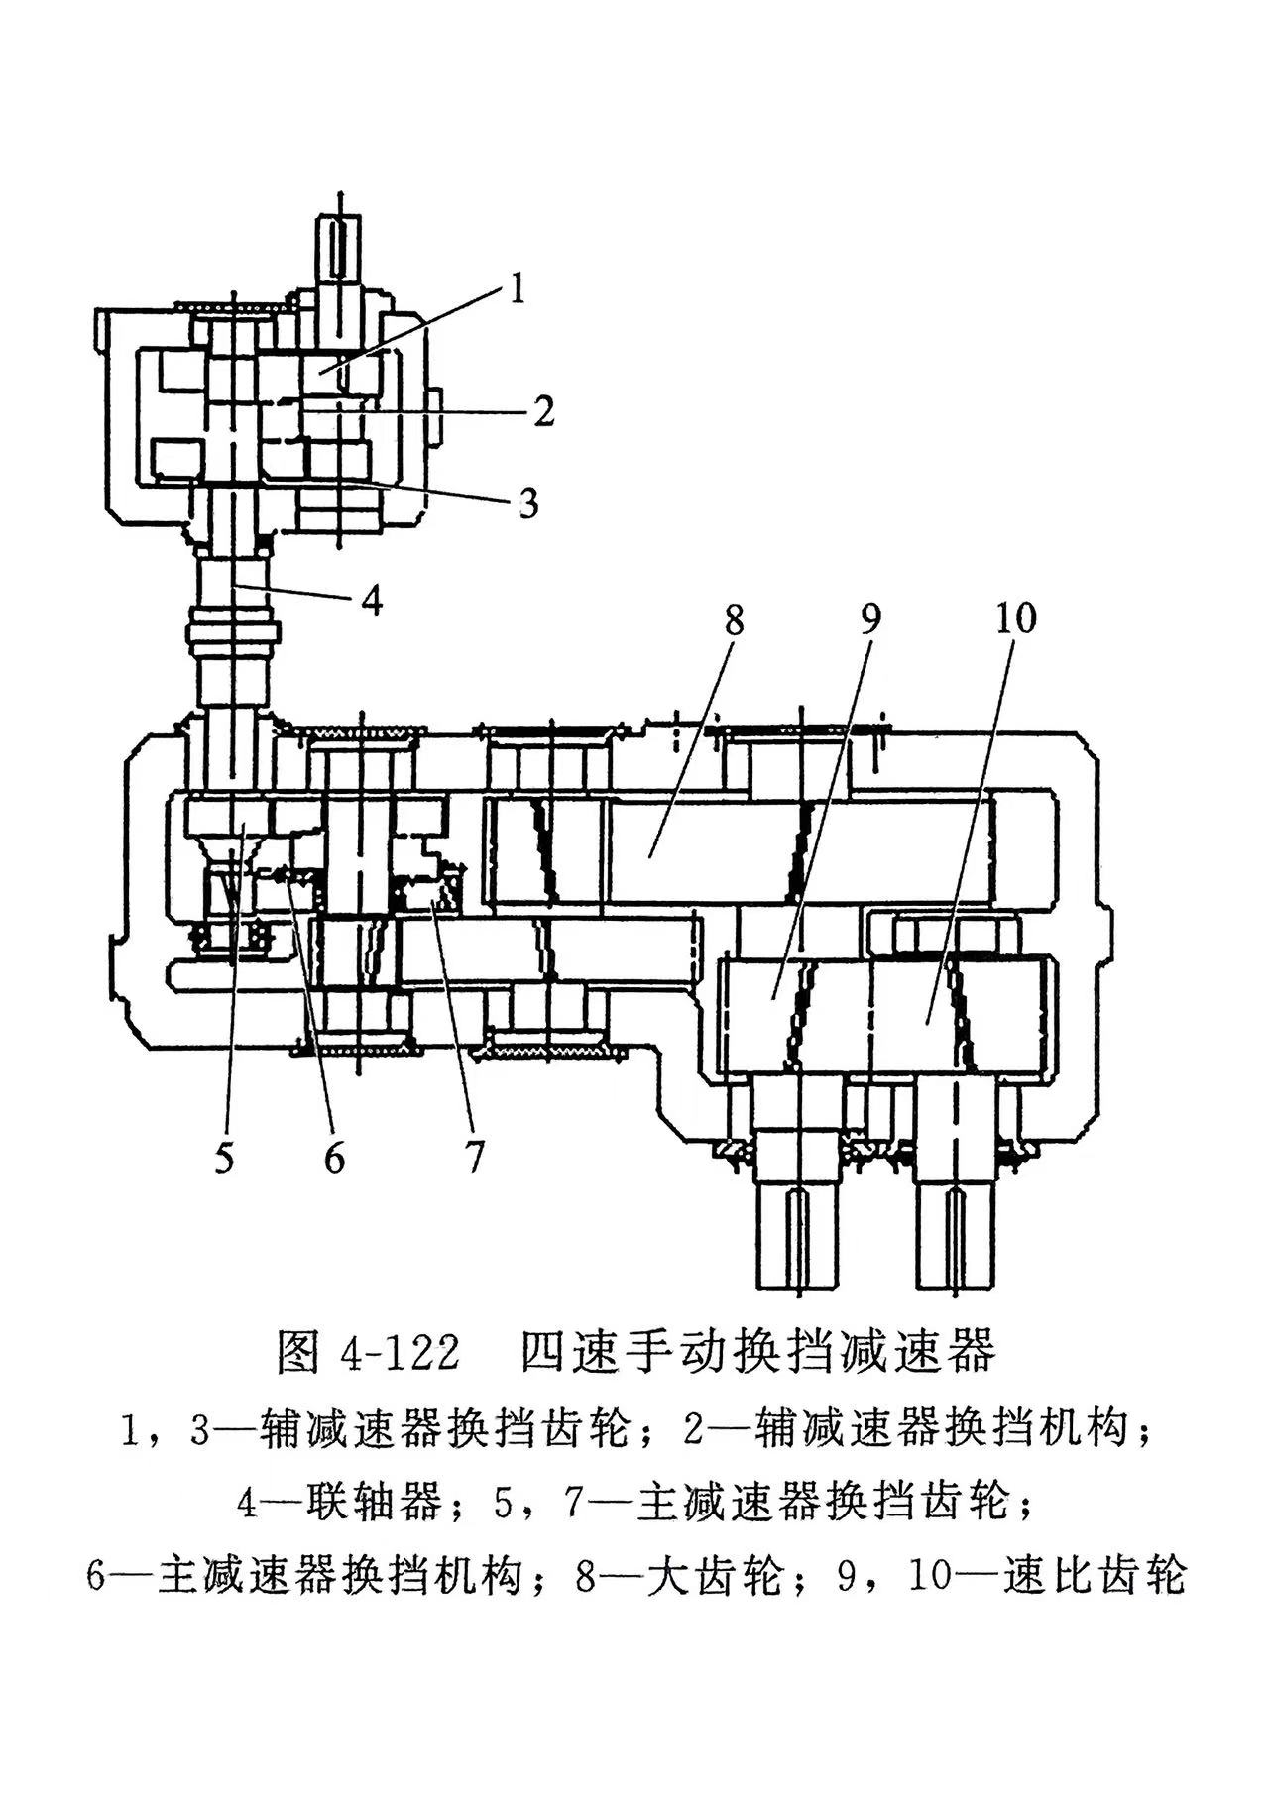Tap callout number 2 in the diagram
[542, 410]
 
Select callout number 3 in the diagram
[528, 502]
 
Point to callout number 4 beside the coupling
[371, 600]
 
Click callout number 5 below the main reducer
[225, 1157]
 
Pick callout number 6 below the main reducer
[334, 1157]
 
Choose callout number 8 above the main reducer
[733, 621]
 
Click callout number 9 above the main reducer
[868, 619]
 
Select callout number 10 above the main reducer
[1014, 618]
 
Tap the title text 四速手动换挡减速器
[757, 1351]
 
